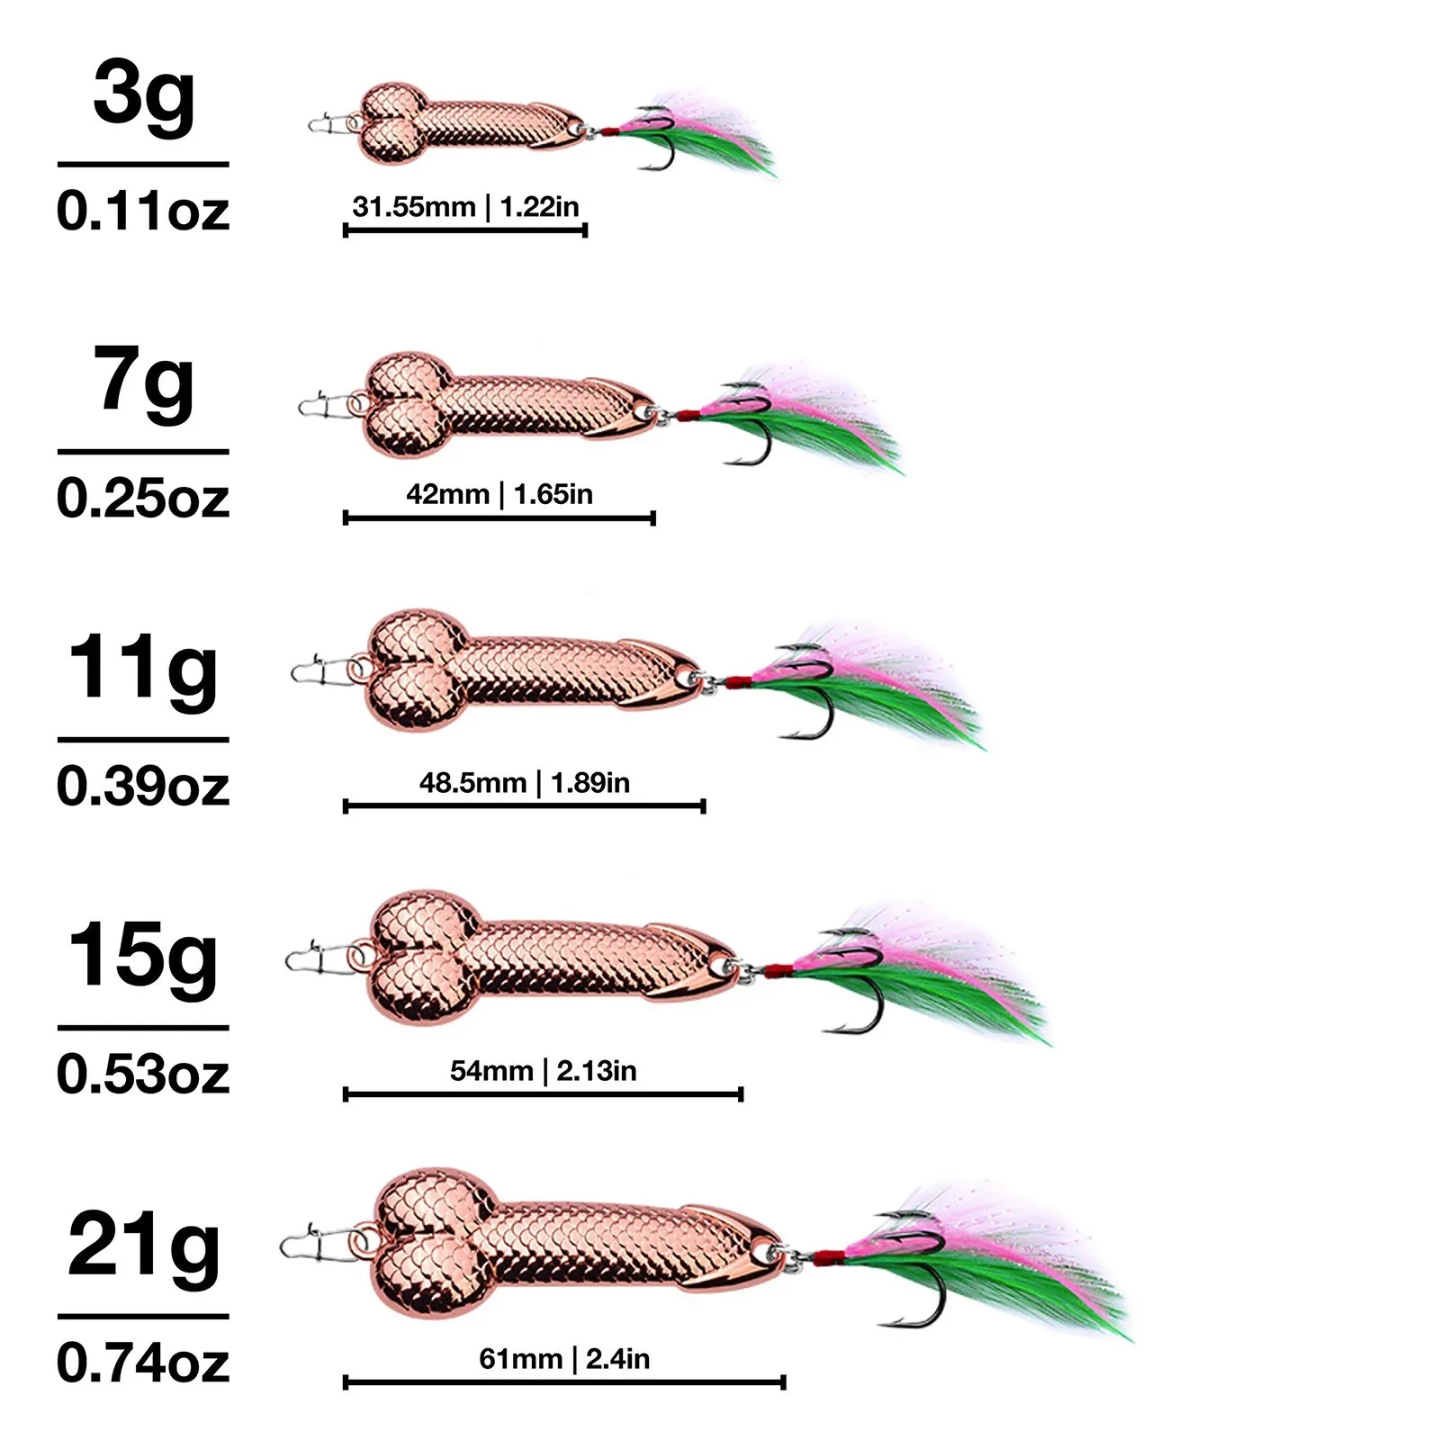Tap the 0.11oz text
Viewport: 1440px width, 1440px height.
coord(143,211)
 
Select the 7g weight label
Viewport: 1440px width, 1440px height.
coord(144,383)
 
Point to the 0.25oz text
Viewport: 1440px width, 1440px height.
coord(143,499)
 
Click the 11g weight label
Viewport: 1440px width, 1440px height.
coord(143,671)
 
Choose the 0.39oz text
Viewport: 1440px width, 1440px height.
coord(143,787)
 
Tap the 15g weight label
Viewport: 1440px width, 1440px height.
coord(143,959)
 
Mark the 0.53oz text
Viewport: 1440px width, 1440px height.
coord(143,1075)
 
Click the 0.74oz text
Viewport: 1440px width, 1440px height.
coord(143,1363)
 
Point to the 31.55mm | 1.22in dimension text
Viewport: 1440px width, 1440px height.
coord(465,207)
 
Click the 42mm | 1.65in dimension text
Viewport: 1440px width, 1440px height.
coord(499,494)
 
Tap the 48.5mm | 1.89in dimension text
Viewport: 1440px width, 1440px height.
coord(525,783)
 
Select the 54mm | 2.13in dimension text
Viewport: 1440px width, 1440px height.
coord(544,1071)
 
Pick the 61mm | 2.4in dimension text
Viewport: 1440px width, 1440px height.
coord(564,1359)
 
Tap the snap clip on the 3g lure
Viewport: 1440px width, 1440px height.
coord(328,123)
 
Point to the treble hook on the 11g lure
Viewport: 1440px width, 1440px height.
coord(810,697)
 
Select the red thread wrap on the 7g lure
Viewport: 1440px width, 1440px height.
coord(688,416)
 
